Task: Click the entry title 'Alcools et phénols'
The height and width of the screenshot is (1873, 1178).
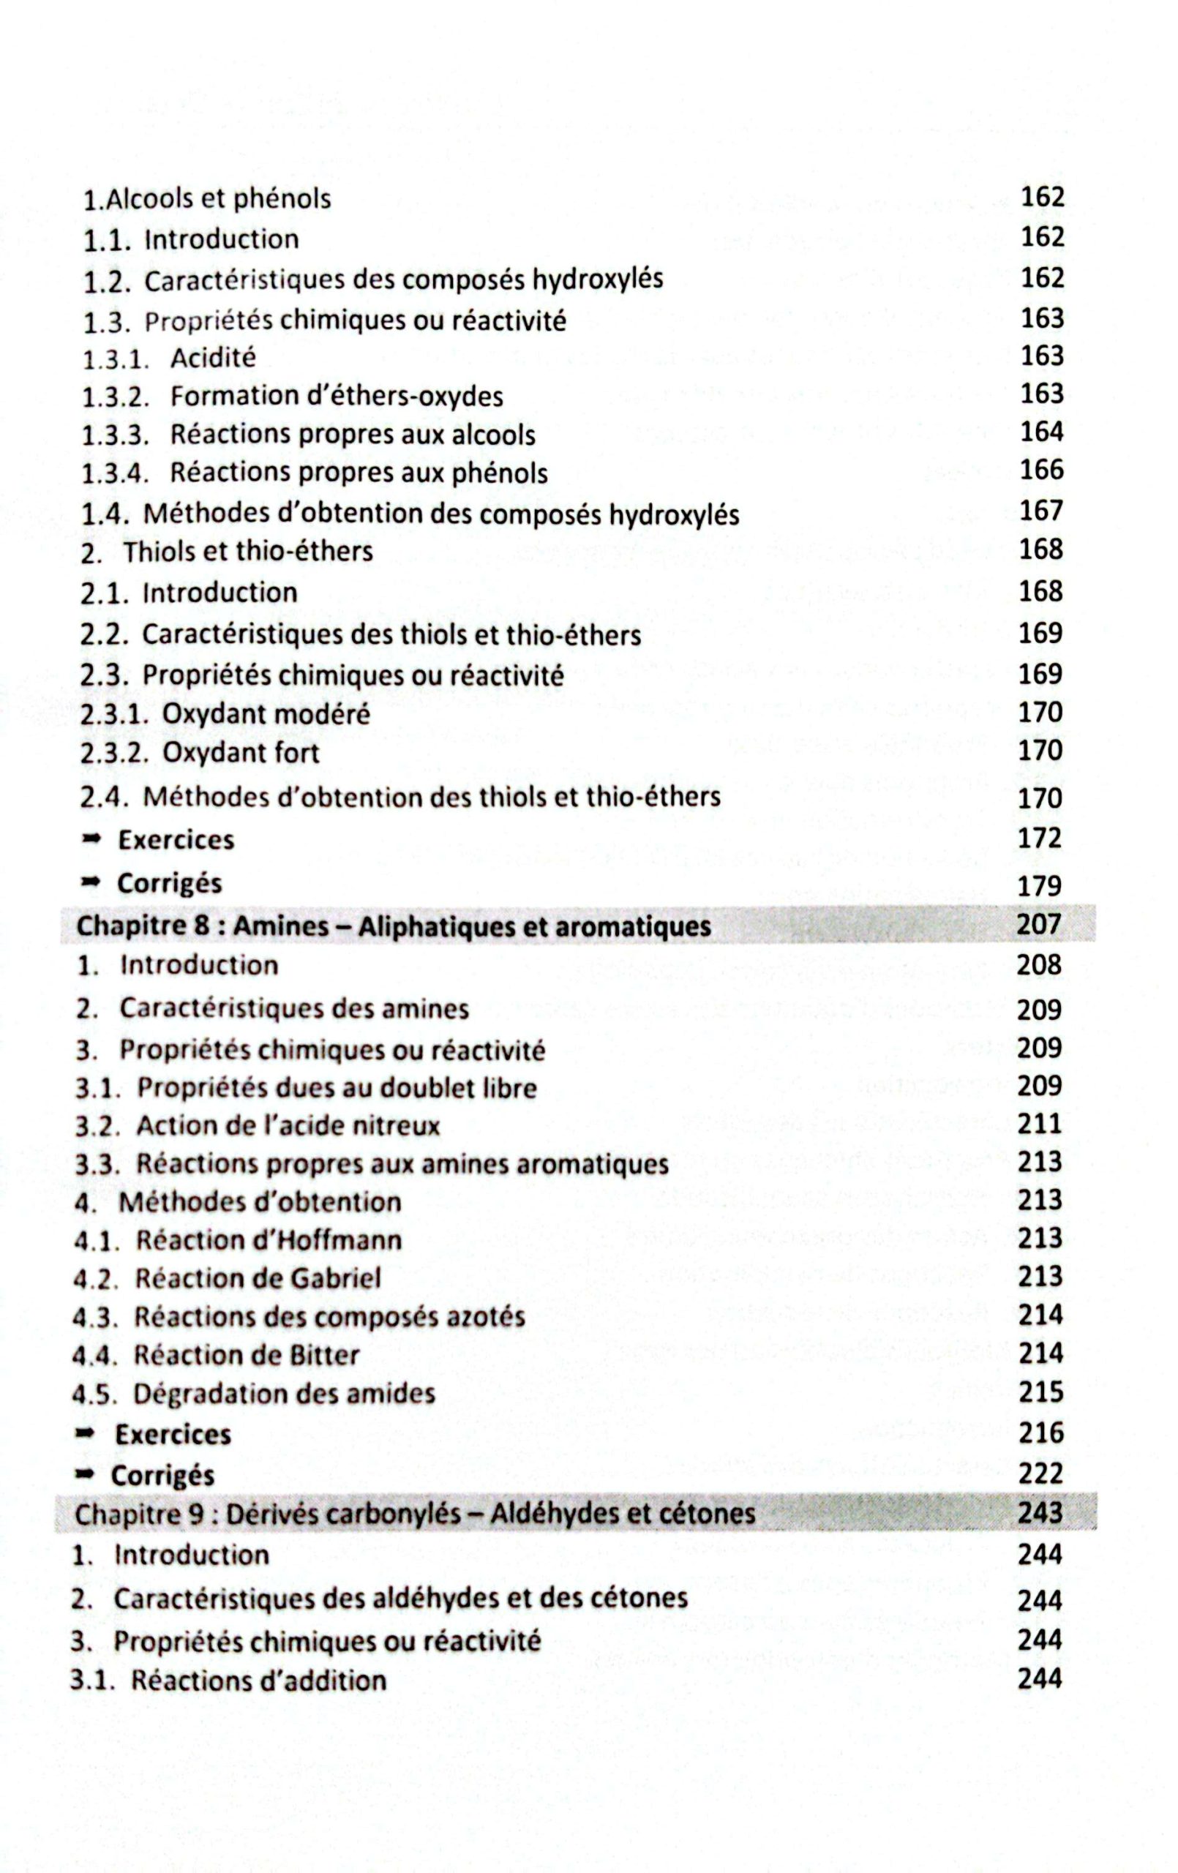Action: (x=218, y=199)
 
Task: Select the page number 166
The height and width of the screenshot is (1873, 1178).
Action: (x=1041, y=470)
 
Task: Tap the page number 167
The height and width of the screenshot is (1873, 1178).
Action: (x=1041, y=510)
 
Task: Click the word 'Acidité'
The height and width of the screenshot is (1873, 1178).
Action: (x=212, y=358)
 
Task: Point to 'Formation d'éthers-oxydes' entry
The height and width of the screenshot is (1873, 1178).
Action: (x=336, y=397)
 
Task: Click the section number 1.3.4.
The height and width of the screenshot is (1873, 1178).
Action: (x=115, y=473)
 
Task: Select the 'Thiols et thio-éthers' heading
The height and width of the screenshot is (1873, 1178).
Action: (x=247, y=552)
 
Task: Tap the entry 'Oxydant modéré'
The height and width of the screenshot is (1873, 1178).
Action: (x=266, y=714)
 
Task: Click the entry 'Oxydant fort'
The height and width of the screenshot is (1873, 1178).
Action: (x=241, y=753)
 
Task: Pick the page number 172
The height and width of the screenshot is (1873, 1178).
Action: (x=1040, y=838)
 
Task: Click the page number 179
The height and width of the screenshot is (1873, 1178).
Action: (x=1040, y=885)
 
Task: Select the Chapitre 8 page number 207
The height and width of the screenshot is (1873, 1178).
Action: (x=1040, y=924)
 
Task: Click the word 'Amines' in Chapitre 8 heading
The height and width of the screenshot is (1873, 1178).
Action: (x=281, y=926)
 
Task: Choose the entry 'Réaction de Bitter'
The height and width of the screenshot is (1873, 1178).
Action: (x=246, y=1355)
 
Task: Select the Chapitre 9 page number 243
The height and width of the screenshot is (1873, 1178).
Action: (x=1040, y=1512)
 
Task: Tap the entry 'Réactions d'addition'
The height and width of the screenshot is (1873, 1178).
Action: (x=258, y=1680)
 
